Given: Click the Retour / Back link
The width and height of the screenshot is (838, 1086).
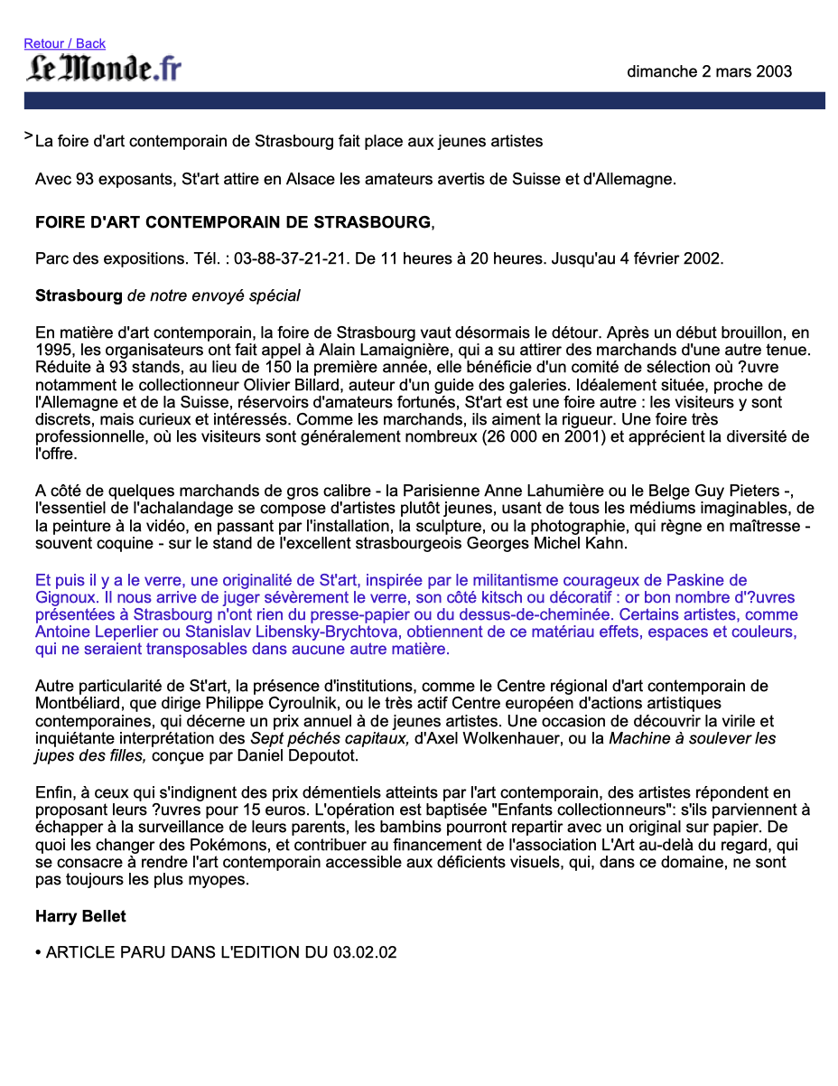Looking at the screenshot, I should click(x=64, y=43).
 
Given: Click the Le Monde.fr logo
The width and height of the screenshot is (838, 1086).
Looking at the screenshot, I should click(x=104, y=69).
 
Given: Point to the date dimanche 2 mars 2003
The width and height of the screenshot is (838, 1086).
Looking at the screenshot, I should click(x=709, y=71).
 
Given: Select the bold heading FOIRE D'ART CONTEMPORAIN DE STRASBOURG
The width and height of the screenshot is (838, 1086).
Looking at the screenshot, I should click(x=233, y=222).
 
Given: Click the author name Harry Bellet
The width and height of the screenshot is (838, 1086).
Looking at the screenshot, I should click(x=80, y=916).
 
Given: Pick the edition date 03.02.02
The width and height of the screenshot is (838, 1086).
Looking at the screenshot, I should click(x=365, y=952).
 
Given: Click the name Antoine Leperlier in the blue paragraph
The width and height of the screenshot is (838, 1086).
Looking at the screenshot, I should click(x=93, y=632).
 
